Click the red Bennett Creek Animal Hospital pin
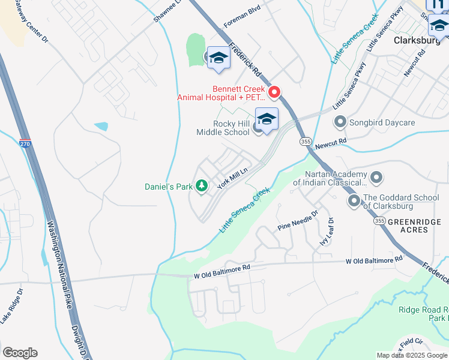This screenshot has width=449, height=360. pos(274,92)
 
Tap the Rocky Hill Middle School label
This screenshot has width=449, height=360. pos(223,128)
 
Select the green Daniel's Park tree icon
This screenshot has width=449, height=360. pos(202,187)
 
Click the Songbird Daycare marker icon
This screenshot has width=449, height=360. pos(340,122)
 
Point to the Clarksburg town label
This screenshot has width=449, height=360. pos(418,41)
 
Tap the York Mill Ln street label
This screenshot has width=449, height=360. pos(233,178)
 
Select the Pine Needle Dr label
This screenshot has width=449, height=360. pos(298,221)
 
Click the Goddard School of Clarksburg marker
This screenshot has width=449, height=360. pos(354,201)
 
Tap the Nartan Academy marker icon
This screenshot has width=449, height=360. pos(376,177)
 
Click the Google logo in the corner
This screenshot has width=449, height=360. pos(20,352)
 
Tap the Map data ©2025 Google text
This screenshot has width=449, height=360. pos(411,355)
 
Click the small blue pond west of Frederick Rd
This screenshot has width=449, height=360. pos(101,126)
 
